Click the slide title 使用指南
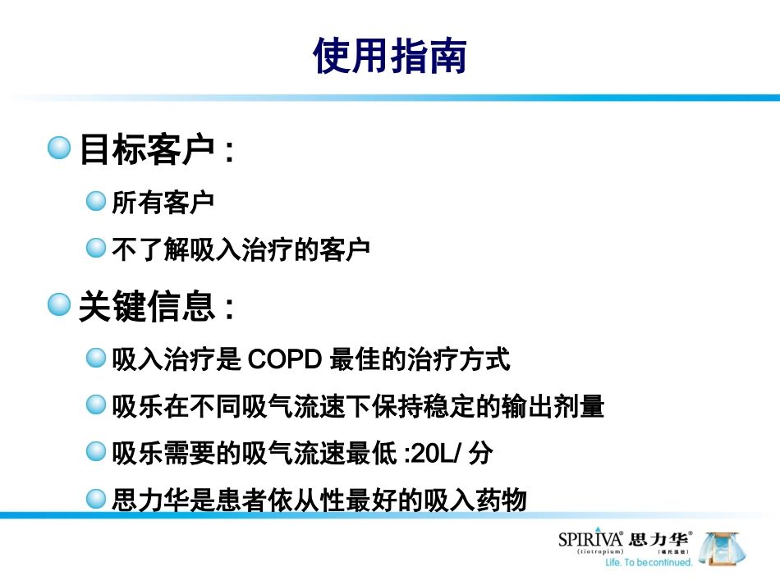390,56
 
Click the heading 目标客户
146,150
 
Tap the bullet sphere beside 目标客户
59,149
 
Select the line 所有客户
163,203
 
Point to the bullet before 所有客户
97,202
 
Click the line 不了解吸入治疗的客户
241,249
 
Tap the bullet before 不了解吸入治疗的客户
97,248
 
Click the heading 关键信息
146,308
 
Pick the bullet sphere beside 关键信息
59,307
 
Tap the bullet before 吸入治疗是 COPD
97,359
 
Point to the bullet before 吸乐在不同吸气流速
97,404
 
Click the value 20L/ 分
454,452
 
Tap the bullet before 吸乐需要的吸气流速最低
97,451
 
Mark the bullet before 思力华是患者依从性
97,498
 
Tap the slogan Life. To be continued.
649,562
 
